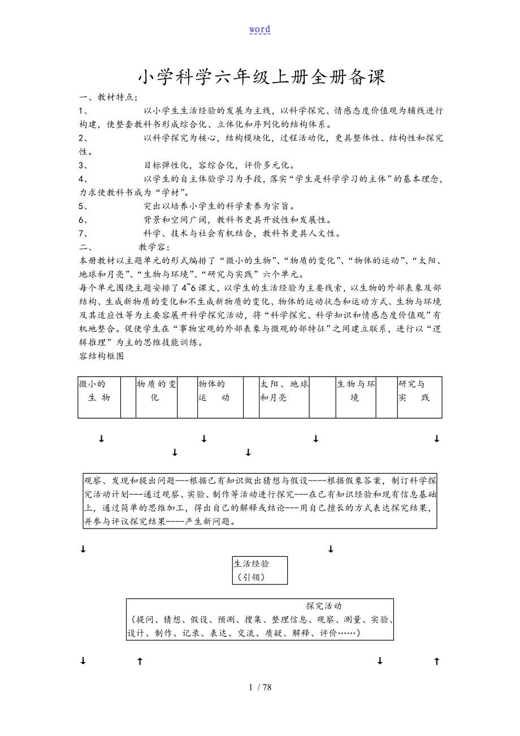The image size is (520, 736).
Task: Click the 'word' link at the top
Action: pyautogui.click(x=259, y=29)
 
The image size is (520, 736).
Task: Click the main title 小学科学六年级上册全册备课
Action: pyautogui.click(x=262, y=77)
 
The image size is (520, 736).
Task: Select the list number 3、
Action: pyautogui.click(x=84, y=166)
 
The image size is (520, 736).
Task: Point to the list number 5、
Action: pyautogui.click(x=84, y=206)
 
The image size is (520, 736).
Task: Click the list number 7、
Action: pyautogui.click(x=84, y=233)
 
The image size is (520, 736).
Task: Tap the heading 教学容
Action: pyautogui.click(x=153, y=247)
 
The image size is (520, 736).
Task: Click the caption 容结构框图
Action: pyautogui.click(x=102, y=356)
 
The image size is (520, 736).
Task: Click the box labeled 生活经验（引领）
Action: pyautogui.click(x=259, y=570)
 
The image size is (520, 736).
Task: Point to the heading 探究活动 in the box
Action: pyautogui.click(x=324, y=606)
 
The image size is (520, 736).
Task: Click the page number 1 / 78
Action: pyautogui.click(x=260, y=687)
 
